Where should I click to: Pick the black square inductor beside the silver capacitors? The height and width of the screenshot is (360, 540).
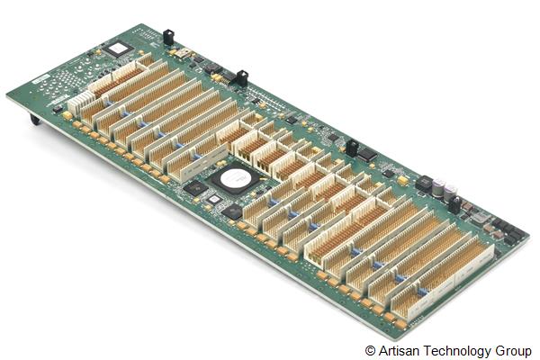(x=423, y=182)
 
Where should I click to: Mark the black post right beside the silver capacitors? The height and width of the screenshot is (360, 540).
(x=454, y=202)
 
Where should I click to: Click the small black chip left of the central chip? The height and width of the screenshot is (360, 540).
(x=195, y=188)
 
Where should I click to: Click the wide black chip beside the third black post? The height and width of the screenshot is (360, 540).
(x=366, y=153)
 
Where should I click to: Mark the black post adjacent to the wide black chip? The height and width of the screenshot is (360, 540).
(x=352, y=146)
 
